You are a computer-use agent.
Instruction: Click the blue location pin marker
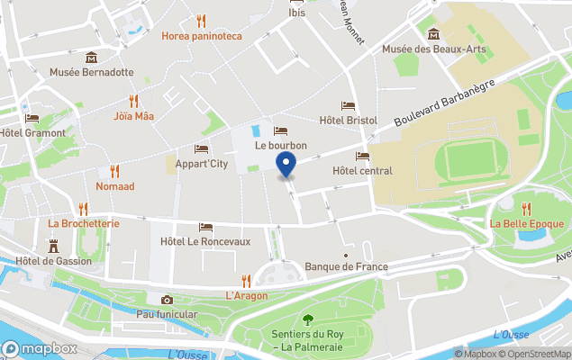pos(286,165)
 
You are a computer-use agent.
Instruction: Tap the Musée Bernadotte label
pos(91,72)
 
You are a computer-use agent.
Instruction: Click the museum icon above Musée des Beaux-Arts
pos(433,34)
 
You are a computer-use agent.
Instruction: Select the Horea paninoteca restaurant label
pos(202,36)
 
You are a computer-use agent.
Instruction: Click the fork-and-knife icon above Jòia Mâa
pos(133,101)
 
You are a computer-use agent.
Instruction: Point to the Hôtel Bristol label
pos(348,120)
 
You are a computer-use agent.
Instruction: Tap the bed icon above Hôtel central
pos(362,156)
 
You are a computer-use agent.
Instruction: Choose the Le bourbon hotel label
pos(280,145)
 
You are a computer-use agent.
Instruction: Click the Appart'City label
pos(201,164)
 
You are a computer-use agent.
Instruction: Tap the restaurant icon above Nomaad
pos(114,170)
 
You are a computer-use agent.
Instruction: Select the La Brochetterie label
pos(84,223)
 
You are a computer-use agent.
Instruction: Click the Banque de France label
pos(347,266)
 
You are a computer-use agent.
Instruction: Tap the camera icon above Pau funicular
pos(167,300)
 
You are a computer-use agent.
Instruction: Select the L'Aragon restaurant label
pos(246,295)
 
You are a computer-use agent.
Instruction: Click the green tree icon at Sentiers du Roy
pos(309,319)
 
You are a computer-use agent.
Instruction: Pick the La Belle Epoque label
pos(526,223)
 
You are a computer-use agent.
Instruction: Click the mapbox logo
pos(41,349)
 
